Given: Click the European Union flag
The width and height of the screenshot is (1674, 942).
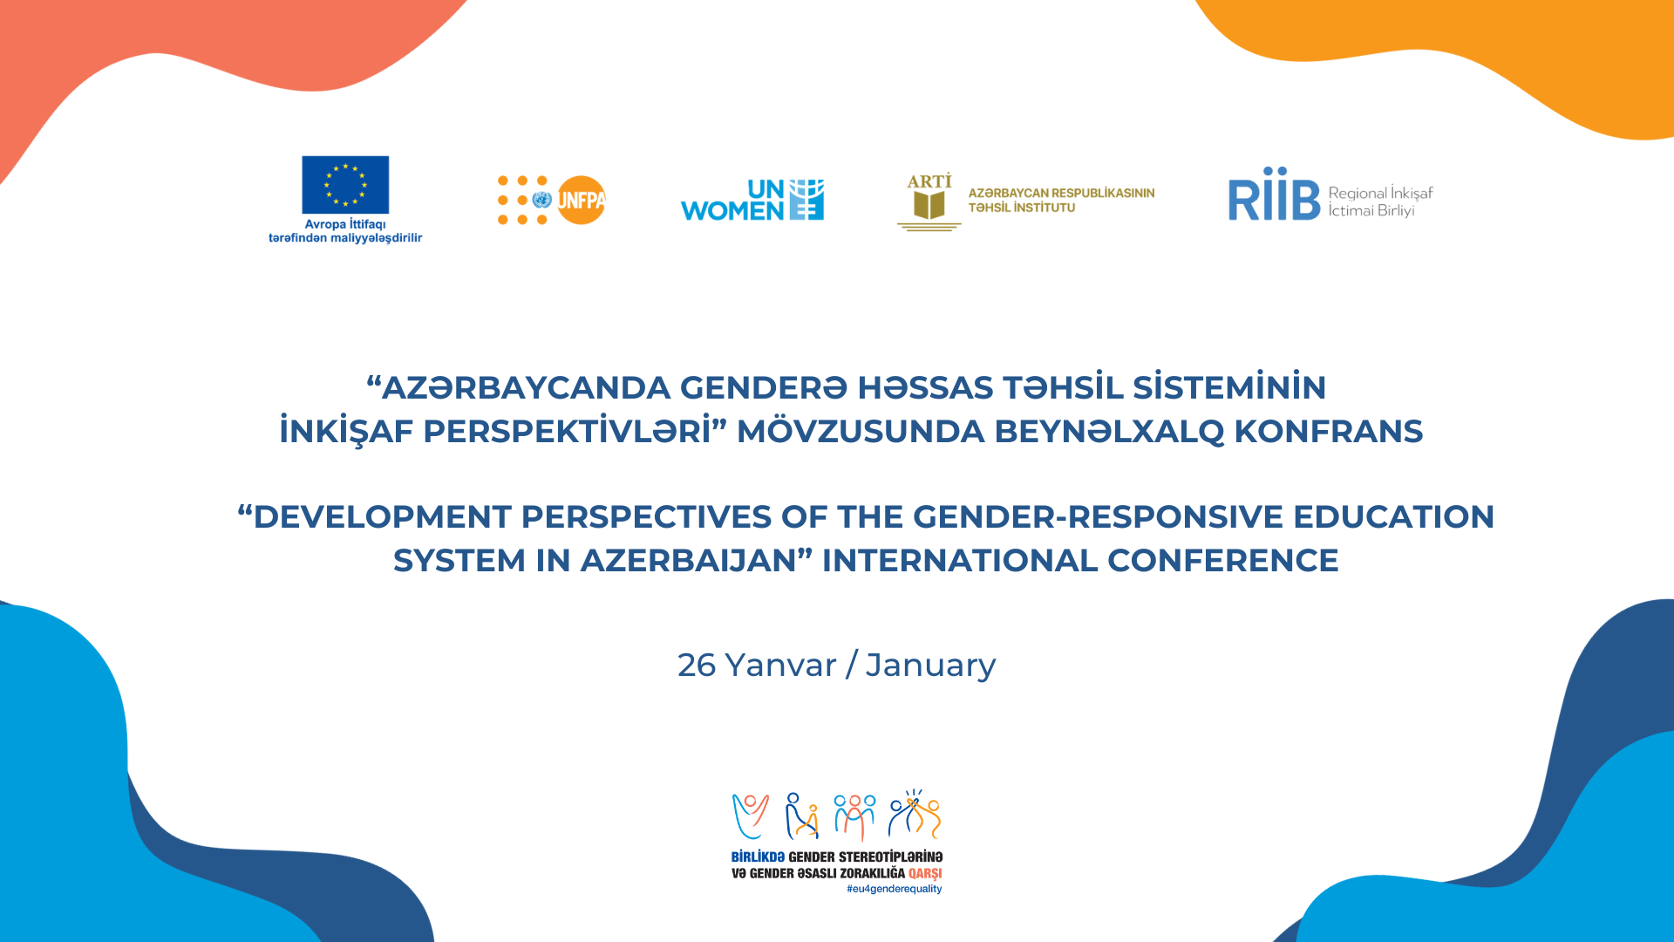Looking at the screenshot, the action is point(345,185).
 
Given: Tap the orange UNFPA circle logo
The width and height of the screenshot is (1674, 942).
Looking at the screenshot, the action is point(581,201).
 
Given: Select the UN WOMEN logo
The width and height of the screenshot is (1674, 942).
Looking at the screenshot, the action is point(752,200).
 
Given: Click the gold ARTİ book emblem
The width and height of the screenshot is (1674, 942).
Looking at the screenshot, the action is point(929,201).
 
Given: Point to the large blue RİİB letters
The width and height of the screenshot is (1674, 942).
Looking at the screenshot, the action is point(1274,195).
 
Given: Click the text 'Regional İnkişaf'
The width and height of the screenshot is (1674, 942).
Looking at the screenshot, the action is point(1380,193).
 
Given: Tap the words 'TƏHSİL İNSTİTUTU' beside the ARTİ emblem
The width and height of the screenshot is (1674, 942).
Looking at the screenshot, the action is point(1022,208).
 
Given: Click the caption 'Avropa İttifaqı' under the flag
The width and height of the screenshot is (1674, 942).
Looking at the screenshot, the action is point(345,224).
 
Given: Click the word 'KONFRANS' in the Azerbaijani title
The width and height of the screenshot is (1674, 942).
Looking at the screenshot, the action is point(1329,431).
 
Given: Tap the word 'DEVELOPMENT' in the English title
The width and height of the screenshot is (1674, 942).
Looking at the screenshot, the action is point(382,516).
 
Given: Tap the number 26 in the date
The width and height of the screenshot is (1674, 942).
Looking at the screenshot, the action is point(697,666).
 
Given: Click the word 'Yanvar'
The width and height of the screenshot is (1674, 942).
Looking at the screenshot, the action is point(781,666).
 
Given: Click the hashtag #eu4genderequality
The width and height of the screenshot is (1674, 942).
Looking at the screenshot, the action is point(894,889).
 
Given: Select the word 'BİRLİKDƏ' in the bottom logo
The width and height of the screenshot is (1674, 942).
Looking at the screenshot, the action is point(758,857).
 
